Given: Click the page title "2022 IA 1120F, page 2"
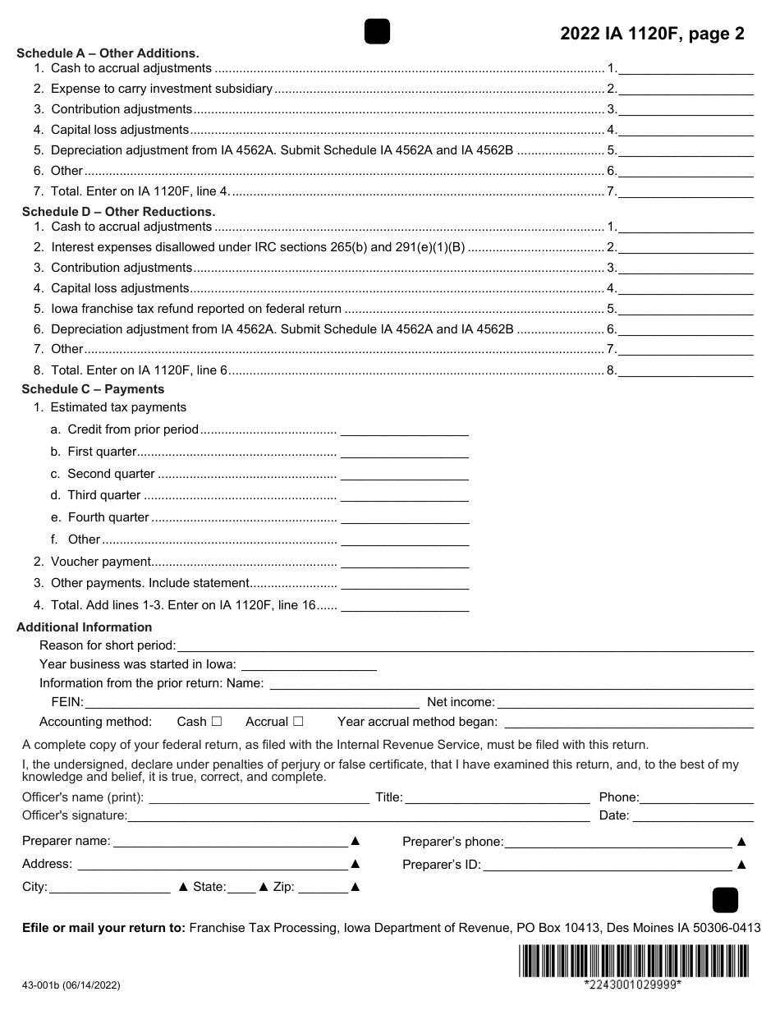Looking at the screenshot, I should tap(652, 34).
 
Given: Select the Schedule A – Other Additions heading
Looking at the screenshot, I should tap(108, 53).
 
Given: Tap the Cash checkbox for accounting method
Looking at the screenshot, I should tap(217, 722).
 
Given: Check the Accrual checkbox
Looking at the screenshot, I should tap(298, 722).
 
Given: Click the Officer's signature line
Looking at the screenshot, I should tap(358, 815).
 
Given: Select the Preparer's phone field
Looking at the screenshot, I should tap(617, 842).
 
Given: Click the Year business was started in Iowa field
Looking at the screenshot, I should tap(309, 664).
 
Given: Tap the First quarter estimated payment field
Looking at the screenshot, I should tap(404, 452).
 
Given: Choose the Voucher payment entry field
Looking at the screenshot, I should tap(404, 562).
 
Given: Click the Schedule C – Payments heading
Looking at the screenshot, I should tap(93, 389).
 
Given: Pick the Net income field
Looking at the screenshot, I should tap(625, 702).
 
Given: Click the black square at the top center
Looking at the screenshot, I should tap(377, 31).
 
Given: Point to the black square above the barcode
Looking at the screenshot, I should tap(725, 900).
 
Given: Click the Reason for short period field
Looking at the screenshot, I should tap(465, 645).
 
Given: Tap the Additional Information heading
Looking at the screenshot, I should tap(84, 627).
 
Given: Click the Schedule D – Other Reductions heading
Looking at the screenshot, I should tap(118, 211).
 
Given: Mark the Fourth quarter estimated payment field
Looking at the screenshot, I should tap(404, 517).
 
